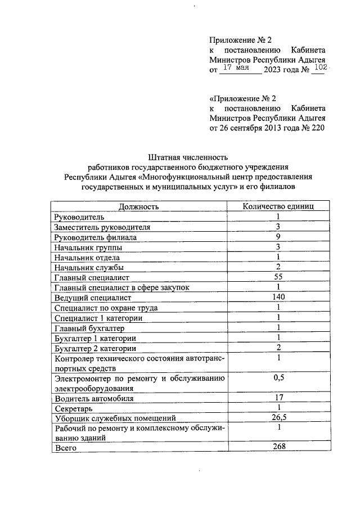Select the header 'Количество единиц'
[278, 206]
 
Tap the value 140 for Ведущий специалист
[278, 297]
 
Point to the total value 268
[278, 447]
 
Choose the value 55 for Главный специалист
[278, 277]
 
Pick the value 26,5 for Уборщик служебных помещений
[278, 417]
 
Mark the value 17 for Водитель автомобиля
[278, 398]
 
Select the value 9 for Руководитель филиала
[278, 237]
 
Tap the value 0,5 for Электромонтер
[278, 377]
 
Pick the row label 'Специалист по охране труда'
[105, 308]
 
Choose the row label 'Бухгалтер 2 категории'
[95, 348]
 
